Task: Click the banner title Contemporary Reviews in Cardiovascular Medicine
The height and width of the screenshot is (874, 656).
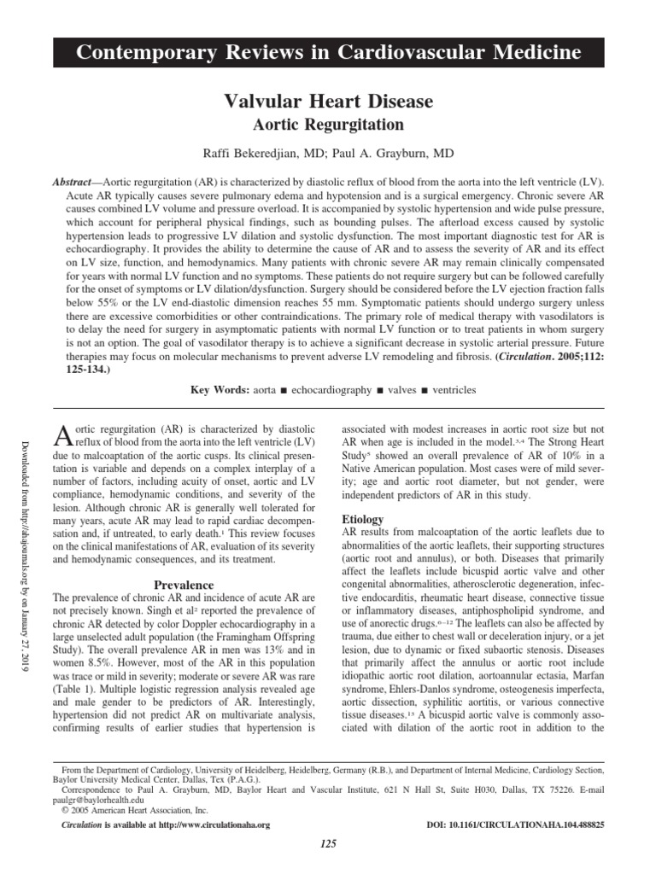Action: pos(328,54)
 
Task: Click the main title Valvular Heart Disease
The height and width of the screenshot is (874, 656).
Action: pos(328,102)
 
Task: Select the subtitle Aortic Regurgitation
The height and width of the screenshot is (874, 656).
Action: pos(328,125)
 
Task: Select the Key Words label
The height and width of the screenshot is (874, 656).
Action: pos(217,389)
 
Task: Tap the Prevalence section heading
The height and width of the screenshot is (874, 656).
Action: pos(182,586)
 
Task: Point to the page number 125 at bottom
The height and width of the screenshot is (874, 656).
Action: pos(327,844)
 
